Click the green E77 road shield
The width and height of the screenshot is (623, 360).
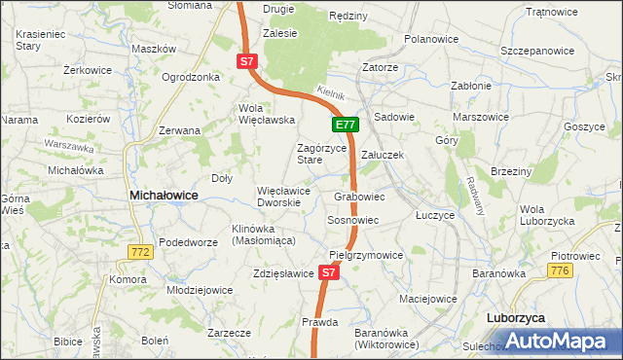(x=346, y=125)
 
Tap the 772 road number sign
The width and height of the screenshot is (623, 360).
(x=140, y=252)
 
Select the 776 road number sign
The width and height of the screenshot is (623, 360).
(x=587, y=270)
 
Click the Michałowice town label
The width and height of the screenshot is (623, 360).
(x=164, y=196)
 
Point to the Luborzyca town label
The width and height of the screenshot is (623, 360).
(x=515, y=318)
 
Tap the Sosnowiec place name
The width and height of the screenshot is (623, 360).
(x=352, y=221)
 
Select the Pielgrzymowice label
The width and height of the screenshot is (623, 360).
(x=366, y=255)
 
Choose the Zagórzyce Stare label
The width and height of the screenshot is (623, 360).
(x=321, y=154)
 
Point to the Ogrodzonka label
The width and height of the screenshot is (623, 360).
(x=191, y=77)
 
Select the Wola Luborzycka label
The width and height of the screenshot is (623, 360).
(x=546, y=215)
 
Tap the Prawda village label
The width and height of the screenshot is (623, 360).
(x=319, y=322)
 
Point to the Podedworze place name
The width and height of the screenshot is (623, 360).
(x=188, y=242)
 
